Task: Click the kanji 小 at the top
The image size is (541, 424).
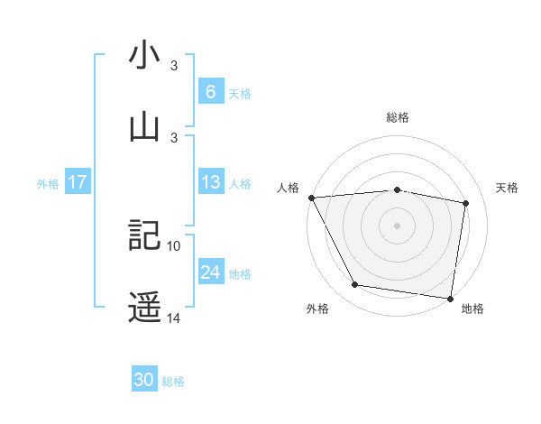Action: point(144,55)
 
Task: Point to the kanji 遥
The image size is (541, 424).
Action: point(144,307)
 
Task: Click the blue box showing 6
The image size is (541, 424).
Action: point(210,91)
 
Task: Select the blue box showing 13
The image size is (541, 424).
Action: point(210,182)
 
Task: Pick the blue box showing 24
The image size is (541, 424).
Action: point(210,272)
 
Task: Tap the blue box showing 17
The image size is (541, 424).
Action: point(78,182)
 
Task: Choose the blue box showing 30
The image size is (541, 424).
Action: point(144,380)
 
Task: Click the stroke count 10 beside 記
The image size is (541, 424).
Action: point(174,245)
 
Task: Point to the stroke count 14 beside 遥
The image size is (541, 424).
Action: point(174,318)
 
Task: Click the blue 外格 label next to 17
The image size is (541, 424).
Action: point(48,183)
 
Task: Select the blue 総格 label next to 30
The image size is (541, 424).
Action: point(173,381)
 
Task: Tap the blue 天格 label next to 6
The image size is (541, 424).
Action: point(240,92)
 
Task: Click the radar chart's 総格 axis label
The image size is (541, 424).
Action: point(398,117)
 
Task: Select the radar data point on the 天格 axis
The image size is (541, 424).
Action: point(466,203)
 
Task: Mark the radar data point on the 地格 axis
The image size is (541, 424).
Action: point(450,297)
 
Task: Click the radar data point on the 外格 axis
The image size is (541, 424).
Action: point(355,286)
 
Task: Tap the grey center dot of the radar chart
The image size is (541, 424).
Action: point(398,225)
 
